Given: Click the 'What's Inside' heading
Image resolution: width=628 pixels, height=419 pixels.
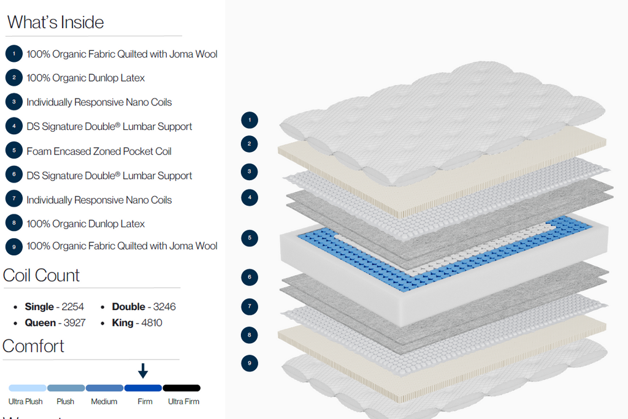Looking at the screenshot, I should (56, 23).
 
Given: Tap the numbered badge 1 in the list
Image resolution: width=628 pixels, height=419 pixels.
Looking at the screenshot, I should (14, 54).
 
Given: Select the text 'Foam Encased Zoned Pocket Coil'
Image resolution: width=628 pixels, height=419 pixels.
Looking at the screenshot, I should (99, 151).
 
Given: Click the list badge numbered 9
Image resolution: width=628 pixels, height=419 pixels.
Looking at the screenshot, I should (14, 246).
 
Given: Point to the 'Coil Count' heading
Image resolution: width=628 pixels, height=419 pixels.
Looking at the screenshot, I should (42, 276).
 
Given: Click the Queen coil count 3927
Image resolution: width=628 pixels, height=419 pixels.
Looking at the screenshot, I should (74, 323).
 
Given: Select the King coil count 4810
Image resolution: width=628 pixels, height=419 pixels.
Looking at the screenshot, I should (150, 323).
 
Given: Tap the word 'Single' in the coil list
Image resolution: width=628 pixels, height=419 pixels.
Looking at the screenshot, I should (39, 307).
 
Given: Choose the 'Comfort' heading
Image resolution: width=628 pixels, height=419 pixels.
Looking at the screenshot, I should (34, 346).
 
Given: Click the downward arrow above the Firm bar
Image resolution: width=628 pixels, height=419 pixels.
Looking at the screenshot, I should (143, 371).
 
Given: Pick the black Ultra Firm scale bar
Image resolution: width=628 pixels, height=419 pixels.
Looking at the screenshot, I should (182, 388).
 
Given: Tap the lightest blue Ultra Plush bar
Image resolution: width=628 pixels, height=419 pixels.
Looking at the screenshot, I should (28, 388).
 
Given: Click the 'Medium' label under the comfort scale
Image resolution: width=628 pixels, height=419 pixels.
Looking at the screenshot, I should (104, 402).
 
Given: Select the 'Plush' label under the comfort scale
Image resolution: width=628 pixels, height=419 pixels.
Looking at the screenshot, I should (66, 402).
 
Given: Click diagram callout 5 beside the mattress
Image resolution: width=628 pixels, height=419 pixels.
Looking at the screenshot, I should (250, 238).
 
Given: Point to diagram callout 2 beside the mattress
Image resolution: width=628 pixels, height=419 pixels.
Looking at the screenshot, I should (250, 145).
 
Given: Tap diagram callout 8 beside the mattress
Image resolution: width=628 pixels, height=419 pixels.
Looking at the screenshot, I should (250, 335).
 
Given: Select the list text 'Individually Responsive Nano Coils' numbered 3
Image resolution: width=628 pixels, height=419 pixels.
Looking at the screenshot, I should (99, 102).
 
